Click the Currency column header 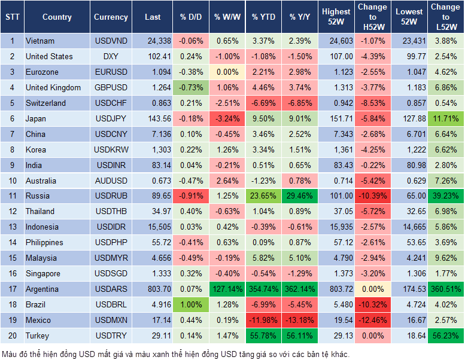tap(111, 17)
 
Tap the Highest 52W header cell tap(336, 17)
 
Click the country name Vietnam tap(40, 41)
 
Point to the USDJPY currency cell tap(111, 118)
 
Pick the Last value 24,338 tap(153, 41)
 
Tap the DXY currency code tap(111, 56)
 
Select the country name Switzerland tap(45, 103)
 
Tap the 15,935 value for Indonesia tap(336, 227)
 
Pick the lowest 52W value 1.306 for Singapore tap(409, 274)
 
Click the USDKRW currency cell tap(111, 150)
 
